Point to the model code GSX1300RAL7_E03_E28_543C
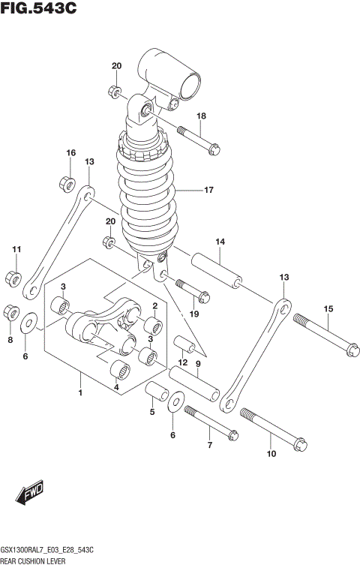(x=52, y=550)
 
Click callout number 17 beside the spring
(x=209, y=190)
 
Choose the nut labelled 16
(x=66, y=182)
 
